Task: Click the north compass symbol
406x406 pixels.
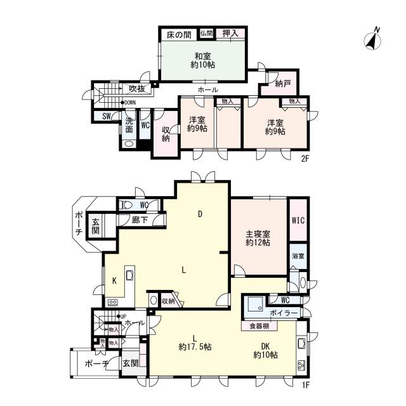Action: (373, 39)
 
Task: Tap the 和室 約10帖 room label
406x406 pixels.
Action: (203, 60)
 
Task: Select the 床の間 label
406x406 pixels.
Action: (179, 35)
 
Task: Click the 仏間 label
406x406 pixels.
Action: (206, 33)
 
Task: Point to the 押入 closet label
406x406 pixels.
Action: (230, 34)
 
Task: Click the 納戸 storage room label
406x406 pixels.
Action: (283, 83)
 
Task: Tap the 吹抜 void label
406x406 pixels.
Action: (137, 89)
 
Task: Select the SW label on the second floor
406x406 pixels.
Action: (106, 116)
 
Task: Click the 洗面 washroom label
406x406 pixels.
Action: (129, 125)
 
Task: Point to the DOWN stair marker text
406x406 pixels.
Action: (130, 103)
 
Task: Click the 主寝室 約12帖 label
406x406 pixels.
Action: (258, 239)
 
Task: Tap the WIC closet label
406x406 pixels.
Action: (298, 220)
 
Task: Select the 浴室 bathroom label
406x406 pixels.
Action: (298, 256)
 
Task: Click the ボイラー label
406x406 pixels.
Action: (284, 313)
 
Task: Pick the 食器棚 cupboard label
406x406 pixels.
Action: (259, 326)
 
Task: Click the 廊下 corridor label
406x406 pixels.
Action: (140, 220)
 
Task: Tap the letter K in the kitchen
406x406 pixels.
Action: (114, 280)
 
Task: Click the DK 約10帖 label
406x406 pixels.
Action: (265, 351)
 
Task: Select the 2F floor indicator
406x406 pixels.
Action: (305, 158)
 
